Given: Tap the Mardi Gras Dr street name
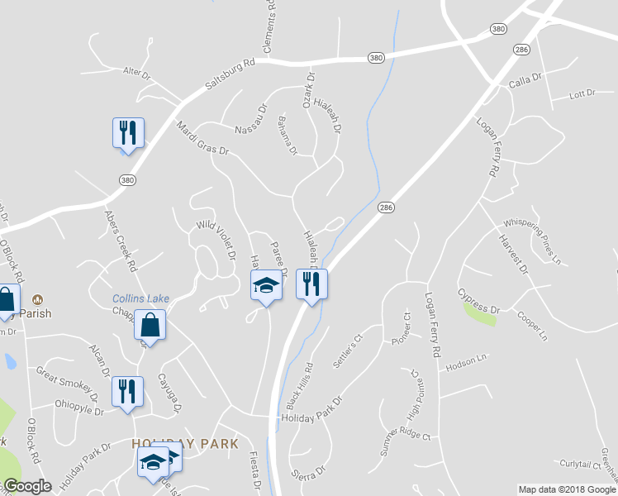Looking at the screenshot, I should click(x=202, y=138).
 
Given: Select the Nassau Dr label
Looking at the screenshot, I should click(x=253, y=119).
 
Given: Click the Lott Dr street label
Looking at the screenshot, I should click(x=582, y=94).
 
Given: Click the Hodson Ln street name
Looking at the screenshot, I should click(x=466, y=362).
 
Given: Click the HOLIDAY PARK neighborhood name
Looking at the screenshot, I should click(x=185, y=444).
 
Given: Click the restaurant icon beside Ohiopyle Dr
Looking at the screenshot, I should click(x=127, y=390).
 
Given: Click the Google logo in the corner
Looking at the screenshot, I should click(x=27, y=486).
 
